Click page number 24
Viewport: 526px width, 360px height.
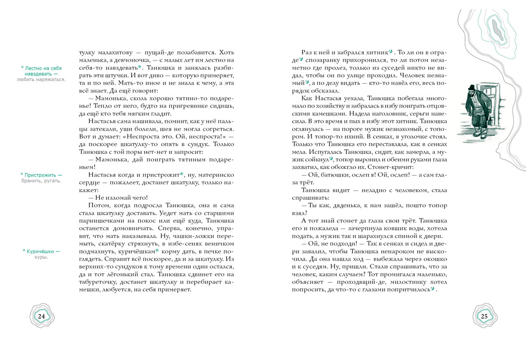[x=42, y=317]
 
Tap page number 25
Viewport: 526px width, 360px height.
[x=484, y=317]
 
